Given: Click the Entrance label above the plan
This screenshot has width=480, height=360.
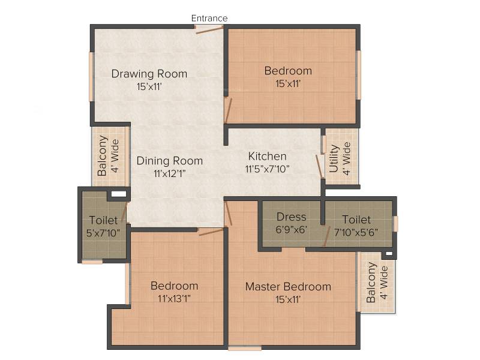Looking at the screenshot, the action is coord(209,19).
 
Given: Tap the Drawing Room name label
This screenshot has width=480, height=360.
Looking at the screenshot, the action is coord(149,74).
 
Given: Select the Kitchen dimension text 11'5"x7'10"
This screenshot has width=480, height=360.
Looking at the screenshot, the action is coord(267,169).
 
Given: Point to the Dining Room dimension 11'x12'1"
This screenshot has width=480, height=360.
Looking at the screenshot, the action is coord(170,173).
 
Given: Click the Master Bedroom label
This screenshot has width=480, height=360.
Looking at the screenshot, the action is coord(288,287).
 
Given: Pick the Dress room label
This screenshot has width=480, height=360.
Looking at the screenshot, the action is coord(291,217).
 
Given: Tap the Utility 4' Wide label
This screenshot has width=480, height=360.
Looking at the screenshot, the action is coord(340,158).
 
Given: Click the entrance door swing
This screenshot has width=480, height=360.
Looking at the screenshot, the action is coord(209,29).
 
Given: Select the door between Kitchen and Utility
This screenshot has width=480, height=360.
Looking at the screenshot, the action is coord(319,166).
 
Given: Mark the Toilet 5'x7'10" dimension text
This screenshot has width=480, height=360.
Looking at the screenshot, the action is coord(103,233).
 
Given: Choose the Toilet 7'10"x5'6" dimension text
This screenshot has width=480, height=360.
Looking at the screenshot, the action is coord(356,232).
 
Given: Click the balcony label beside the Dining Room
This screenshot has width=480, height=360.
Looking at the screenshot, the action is coord(108,155).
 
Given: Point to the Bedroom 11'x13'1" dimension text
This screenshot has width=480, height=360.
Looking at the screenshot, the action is coord(174,298).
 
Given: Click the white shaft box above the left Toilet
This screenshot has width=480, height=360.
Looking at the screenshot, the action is coord(118,194).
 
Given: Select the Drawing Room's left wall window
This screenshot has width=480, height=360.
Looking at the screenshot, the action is coord(91,77).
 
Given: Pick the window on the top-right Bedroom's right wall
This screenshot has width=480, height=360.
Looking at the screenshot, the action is coord(358,75).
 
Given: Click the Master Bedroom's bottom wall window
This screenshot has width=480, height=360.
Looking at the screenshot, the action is coord(245,348).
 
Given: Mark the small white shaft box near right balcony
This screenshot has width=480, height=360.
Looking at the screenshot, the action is coord(388,253).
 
